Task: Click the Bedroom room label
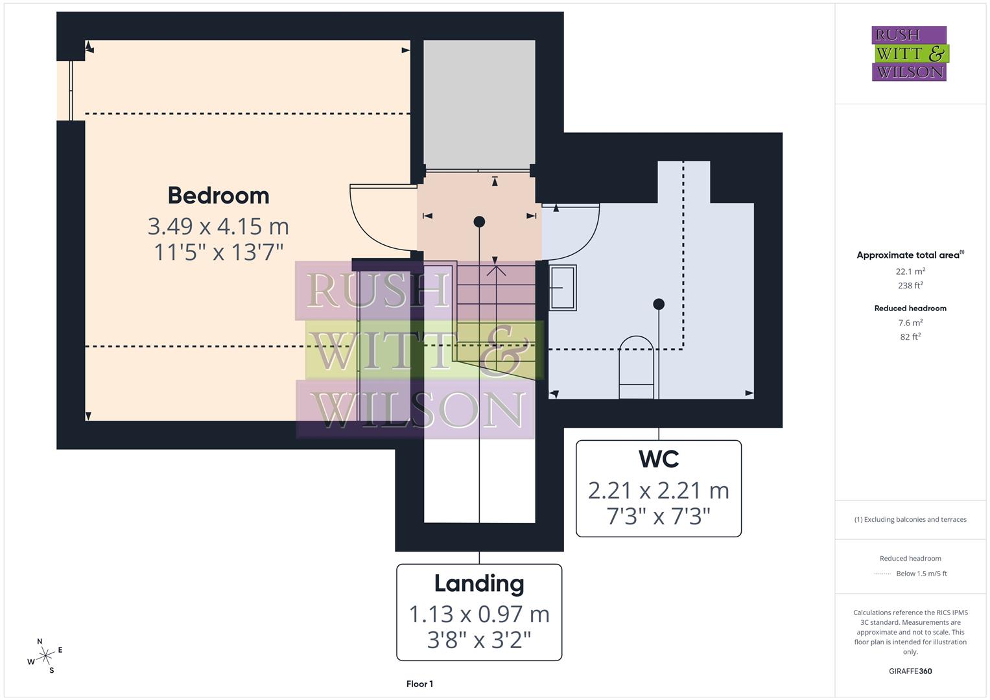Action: click(x=218, y=196)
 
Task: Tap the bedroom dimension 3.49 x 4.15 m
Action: click(x=218, y=226)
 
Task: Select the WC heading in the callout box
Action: click(x=658, y=459)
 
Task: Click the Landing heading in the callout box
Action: click(x=479, y=583)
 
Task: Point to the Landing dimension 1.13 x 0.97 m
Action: click(x=479, y=614)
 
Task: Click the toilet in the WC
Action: click(x=636, y=367)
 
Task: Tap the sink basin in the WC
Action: click(x=562, y=287)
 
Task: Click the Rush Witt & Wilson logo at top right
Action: click(x=909, y=53)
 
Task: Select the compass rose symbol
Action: click(x=45, y=657)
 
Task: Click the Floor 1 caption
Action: click(x=419, y=684)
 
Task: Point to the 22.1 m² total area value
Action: click(x=910, y=272)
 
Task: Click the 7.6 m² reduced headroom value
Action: click(x=910, y=322)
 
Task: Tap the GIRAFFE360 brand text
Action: click(x=910, y=671)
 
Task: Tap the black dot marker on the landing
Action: click(x=479, y=222)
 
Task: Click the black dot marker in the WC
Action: click(x=659, y=304)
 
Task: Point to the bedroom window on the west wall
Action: click(x=70, y=91)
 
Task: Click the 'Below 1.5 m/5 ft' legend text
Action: click(x=921, y=574)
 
